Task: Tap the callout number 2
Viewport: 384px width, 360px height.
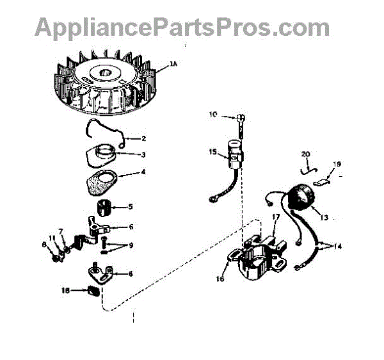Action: pos(144,138)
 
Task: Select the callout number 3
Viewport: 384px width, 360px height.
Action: pos(143,154)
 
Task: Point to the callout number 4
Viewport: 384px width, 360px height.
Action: pos(143,172)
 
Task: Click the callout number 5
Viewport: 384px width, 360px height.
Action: pos(131,206)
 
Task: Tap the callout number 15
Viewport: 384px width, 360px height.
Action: pos(212,152)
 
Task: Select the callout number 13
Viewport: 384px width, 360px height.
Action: pos(323,218)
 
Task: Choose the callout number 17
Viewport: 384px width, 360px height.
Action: pos(276,218)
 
